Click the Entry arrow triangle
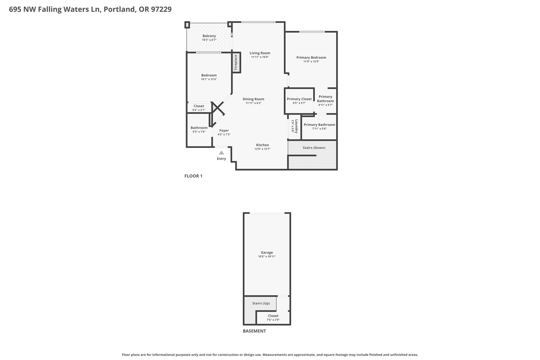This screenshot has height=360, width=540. [x=221, y=153]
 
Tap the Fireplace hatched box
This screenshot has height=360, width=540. [x=236, y=63]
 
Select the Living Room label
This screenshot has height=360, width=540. [x=260, y=53]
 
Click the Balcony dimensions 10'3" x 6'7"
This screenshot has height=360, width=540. [x=209, y=40]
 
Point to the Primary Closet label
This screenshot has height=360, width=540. [x=299, y=99]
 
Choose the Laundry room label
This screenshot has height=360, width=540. [x=296, y=126]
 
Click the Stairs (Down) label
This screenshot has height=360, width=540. [x=314, y=148]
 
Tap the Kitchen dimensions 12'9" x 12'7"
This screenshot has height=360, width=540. [x=262, y=149]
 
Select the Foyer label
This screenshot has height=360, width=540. [x=224, y=131]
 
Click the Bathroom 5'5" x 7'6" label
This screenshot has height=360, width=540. [x=199, y=128]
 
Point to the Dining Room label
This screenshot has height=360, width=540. [x=253, y=99]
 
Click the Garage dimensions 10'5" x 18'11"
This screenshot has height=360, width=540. [x=267, y=257]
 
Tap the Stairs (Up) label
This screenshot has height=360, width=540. [x=261, y=303]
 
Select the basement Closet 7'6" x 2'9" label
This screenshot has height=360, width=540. [x=273, y=316]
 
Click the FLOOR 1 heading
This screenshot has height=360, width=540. [x=193, y=176]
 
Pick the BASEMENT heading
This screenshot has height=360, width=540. [x=254, y=331]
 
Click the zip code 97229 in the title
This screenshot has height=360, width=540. [x=161, y=9]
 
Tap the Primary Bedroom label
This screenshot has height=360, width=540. [x=311, y=57]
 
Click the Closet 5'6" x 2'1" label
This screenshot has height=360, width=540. [x=199, y=106]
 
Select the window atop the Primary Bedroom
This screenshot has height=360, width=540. [x=312, y=32]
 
